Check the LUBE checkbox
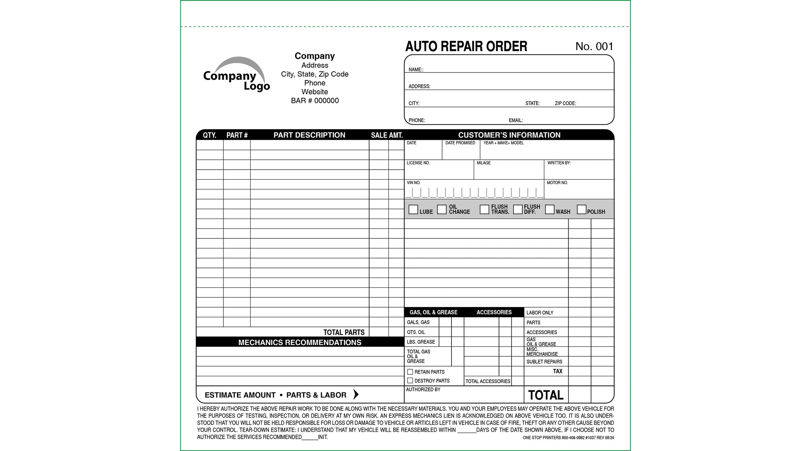pos(413,209)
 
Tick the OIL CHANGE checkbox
pos(442,209)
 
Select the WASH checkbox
pos(550,209)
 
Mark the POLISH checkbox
pos(581,209)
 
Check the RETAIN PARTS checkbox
pos(410,372)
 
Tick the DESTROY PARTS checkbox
pos(410,381)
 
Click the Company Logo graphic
pos(237,75)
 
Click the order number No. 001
pos(594,46)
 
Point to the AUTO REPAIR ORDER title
pos(466,46)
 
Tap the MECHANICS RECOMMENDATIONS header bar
pos(300,342)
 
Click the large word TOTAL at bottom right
pos(546,395)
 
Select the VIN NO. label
pos(413,183)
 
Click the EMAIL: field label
pos(516,120)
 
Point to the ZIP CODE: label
pos(565,103)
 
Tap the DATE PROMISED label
pos(460,143)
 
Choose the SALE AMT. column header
pos(387,135)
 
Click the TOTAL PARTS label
pos(344,332)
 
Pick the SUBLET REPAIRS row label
pos(544,362)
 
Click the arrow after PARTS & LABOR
pos(356,394)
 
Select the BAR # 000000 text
pos(315,101)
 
